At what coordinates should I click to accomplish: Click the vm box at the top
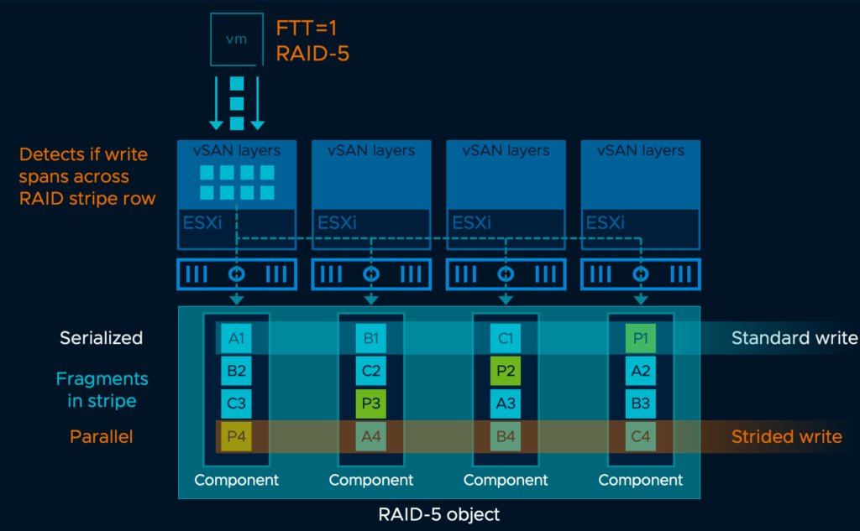tap(237, 39)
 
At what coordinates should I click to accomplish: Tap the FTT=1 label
tap(307, 28)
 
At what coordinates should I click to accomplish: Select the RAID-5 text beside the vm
tap(312, 54)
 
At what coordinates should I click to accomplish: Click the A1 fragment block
tap(236, 338)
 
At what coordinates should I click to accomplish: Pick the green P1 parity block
tap(640, 338)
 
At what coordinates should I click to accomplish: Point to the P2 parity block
tap(506, 370)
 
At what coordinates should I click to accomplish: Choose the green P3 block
tap(370, 403)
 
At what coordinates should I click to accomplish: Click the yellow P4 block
tap(236, 436)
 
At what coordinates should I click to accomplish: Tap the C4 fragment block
tap(640, 436)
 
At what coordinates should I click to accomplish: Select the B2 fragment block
tap(236, 370)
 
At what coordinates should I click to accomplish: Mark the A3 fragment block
tap(506, 403)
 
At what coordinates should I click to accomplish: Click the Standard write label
tap(794, 338)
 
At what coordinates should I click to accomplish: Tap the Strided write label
tap(786, 436)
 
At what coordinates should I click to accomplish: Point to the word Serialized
tap(101, 338)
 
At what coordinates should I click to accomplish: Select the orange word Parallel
tap(101, 436)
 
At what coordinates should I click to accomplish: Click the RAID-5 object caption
tap(438, 513)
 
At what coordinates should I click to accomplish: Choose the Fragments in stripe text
tap(102, 389)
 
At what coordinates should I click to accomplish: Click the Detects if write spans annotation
tap(84, 176)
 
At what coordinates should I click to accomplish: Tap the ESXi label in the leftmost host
tap(202, 223)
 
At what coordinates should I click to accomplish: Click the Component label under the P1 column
tap(640, 481)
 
